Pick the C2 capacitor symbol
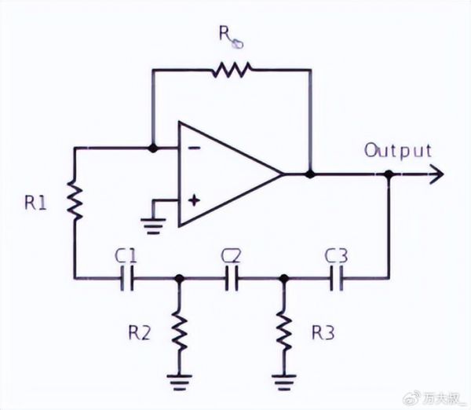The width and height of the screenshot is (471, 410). click(232, 277)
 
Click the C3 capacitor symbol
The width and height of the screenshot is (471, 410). click(336, 277)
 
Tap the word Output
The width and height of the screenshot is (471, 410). click(397, 150)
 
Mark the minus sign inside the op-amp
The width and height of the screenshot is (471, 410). click(194, 147)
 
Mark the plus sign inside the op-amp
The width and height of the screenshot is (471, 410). click(194, 200)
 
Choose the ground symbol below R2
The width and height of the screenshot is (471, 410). click(180, 383)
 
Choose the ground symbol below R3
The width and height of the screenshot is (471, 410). click(283, 383)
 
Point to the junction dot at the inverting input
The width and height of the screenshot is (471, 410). click(153, 147)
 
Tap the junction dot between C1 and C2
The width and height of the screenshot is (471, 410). click(180, 277)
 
